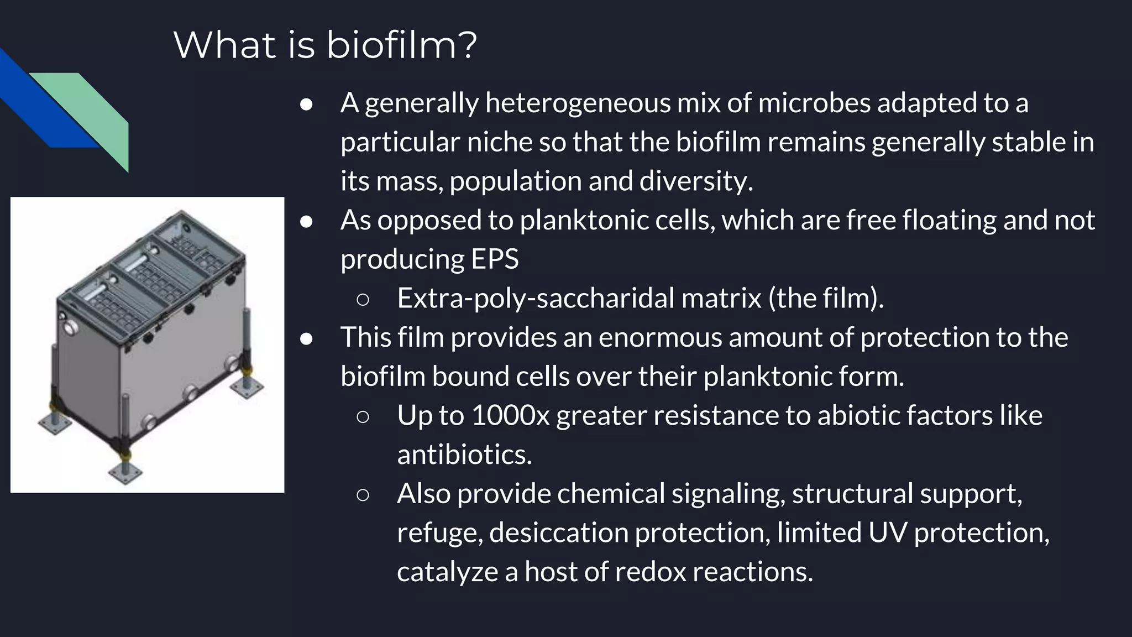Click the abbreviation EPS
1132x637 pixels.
click(495, 259)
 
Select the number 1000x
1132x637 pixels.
click(510, 416)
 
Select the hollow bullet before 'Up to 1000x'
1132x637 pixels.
click(363, 416)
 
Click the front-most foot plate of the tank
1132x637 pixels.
click(125, 472)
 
